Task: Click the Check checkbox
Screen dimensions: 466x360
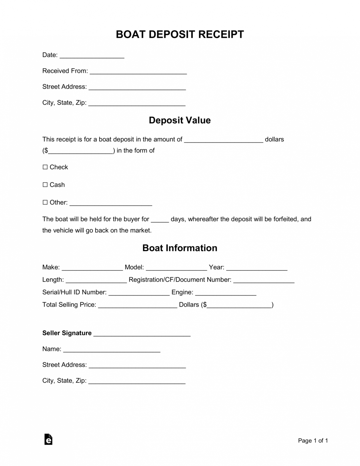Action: coord(45,167)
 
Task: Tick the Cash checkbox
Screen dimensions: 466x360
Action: coord(45,185)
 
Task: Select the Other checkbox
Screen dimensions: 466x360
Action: coord(45,202)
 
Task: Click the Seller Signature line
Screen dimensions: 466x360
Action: coord(142,334)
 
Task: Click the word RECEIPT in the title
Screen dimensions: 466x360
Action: coord(221,34)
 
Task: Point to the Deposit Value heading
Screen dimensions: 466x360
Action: coord(180,120)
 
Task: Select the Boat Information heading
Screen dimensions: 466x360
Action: coord(180,248)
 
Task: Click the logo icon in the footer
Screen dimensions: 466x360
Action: coord(48,439)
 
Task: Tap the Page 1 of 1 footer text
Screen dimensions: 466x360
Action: coord(313,441)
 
